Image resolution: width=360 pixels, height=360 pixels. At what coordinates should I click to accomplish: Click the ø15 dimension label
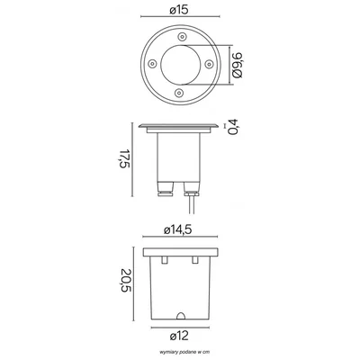coord(179,10)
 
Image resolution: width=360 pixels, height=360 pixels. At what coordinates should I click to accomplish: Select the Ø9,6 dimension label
coord(238,65)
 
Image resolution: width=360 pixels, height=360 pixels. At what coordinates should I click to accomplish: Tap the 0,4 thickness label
coord(233,127)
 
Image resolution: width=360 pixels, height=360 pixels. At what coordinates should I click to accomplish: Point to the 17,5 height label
coord(124,158)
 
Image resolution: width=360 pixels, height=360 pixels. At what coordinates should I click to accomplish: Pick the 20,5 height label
coord(124,282)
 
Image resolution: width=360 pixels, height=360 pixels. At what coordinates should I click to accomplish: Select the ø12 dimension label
coord(179,336)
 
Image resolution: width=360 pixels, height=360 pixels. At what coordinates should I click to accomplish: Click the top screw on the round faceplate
coord(182,37)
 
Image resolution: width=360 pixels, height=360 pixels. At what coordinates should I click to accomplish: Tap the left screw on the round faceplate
coord(152,63)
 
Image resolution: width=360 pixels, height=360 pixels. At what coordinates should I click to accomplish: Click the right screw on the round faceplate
coord(209,63)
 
